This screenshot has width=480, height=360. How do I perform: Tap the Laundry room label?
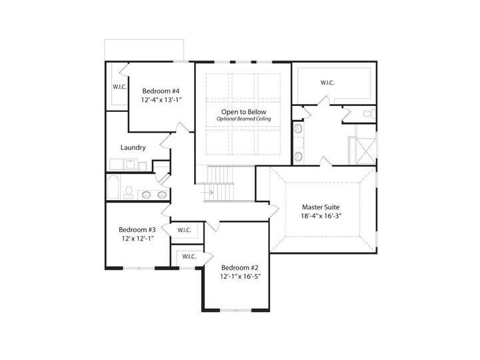(x=133, y=147)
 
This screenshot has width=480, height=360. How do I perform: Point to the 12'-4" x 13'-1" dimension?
(x=161, y=100)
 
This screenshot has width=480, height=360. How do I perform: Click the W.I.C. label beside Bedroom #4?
(x=119, y=87)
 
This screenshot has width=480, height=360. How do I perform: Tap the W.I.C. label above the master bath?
(x=327, y=83)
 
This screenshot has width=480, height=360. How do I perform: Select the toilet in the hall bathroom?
(x=128, y=191)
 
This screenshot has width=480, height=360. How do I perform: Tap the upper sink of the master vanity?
(x=297, y=128)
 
